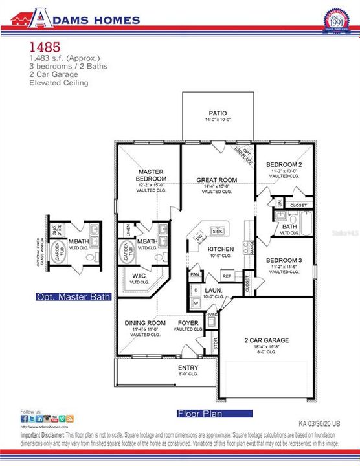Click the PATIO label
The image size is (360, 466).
[217, 113]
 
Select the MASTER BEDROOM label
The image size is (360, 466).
[152, 175]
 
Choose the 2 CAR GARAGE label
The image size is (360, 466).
[266, 340]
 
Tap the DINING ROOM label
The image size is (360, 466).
[145, 322]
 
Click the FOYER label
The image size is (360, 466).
[188, 322]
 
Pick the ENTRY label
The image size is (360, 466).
[188, 368]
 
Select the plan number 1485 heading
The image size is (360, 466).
[45, 47]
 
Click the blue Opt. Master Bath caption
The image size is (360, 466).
[74, 297]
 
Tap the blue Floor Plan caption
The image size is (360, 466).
[199, 412]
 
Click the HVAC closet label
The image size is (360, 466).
[212, 315]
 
